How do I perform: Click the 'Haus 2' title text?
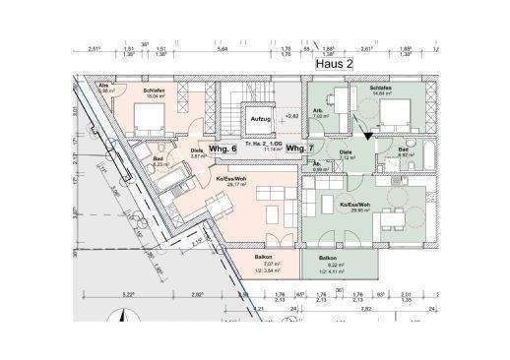pyautogui.click(x=334, y=62)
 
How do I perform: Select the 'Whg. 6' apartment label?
pyautogui.click(x=224, y=148)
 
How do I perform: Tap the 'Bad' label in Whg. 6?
pyautogui.click(x=158, y=159)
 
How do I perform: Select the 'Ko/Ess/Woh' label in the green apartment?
pyautogui.click(x=355, y=205)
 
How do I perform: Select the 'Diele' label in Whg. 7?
pyautogui.click(x=346, y=152)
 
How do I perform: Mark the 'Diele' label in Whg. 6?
pyautogui.click(x=197, y=150)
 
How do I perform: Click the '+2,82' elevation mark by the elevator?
pyautogui.click(x=289, y=116)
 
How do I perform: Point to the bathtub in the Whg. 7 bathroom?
pyautogui.click(x=433, y=157)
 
